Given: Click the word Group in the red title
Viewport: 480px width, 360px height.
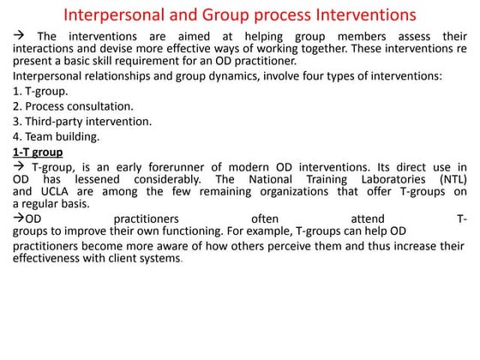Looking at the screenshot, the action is pos(225,15).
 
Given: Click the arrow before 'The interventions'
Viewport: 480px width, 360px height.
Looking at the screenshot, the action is pos(18,35).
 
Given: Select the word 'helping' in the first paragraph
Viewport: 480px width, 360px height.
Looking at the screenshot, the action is pos(264,37).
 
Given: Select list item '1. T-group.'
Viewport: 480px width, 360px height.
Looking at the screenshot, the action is pos(40,91).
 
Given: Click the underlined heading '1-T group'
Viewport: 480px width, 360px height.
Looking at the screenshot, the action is pos(38,153).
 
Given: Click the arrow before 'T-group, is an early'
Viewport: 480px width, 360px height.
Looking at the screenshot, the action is pos(18,166).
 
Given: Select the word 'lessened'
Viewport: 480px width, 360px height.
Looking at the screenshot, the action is pos(97,179).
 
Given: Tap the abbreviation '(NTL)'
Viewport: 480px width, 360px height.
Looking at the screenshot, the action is pos(453,179).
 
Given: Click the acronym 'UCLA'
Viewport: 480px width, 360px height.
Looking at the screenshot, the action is pos(55,192).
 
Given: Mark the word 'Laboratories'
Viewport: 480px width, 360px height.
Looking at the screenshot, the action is pos(393,179).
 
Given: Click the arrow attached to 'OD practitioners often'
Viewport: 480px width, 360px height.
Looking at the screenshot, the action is pos(18,218).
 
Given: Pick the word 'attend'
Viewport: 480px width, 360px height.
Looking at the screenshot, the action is pos(368,219).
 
